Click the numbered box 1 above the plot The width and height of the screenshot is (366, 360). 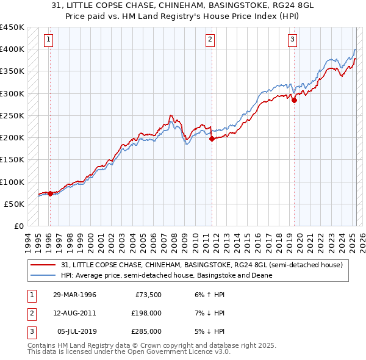[48, 40]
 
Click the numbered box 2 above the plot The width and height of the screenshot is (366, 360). [210, 40]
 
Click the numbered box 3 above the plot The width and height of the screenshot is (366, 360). [293, 40]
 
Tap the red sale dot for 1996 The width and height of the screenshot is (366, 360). [50, 193]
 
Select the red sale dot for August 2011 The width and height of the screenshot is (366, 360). [212, 139]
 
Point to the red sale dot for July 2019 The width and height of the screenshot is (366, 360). [294, 101]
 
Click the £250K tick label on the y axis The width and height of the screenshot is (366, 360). [13, 115]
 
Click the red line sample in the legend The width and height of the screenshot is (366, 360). [43, 265]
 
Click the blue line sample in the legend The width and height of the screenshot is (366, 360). [43, 275]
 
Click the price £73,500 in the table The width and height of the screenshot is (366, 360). [148, 295]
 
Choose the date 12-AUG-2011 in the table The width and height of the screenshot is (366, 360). [74, 313]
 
